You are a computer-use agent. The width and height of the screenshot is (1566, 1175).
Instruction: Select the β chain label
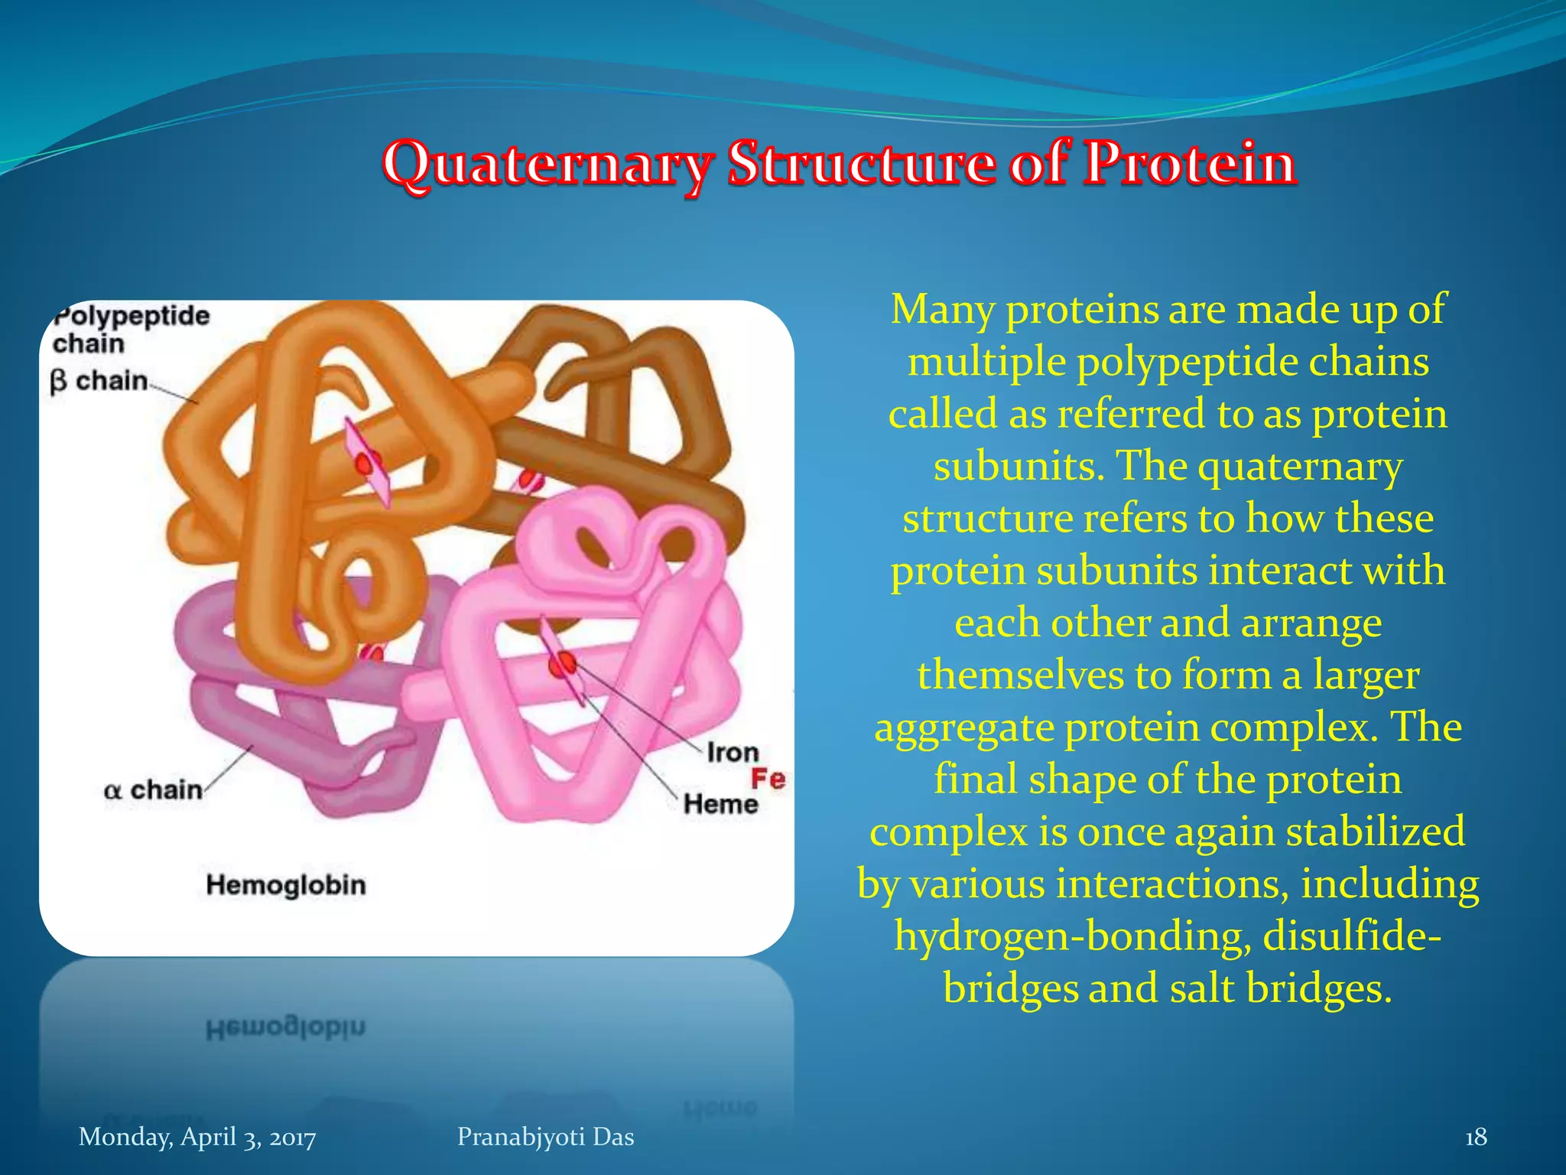click(99, 380)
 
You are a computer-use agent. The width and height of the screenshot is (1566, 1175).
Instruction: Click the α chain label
click(153, 789)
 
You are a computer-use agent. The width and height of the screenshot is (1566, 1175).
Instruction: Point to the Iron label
click(732, 752)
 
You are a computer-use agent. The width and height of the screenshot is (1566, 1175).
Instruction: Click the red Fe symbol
click(768, 779)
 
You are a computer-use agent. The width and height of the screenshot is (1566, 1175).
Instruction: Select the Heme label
click(720, 804)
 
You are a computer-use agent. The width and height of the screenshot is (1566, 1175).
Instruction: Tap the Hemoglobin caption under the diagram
click(286, 885)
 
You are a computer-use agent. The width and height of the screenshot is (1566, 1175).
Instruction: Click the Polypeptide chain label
click(130, 329)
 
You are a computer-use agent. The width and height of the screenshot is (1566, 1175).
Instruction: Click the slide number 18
click(1475, 1137)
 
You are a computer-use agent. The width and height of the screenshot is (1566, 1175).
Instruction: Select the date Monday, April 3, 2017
click(197, 1137)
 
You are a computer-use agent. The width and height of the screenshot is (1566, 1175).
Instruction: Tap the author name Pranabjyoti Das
click(545, 1137)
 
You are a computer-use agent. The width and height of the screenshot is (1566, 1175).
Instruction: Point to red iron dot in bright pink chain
click(564, 664)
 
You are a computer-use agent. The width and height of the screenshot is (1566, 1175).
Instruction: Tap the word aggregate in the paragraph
click(964, 727)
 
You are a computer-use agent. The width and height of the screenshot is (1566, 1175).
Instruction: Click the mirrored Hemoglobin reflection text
click(286, 1027)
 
